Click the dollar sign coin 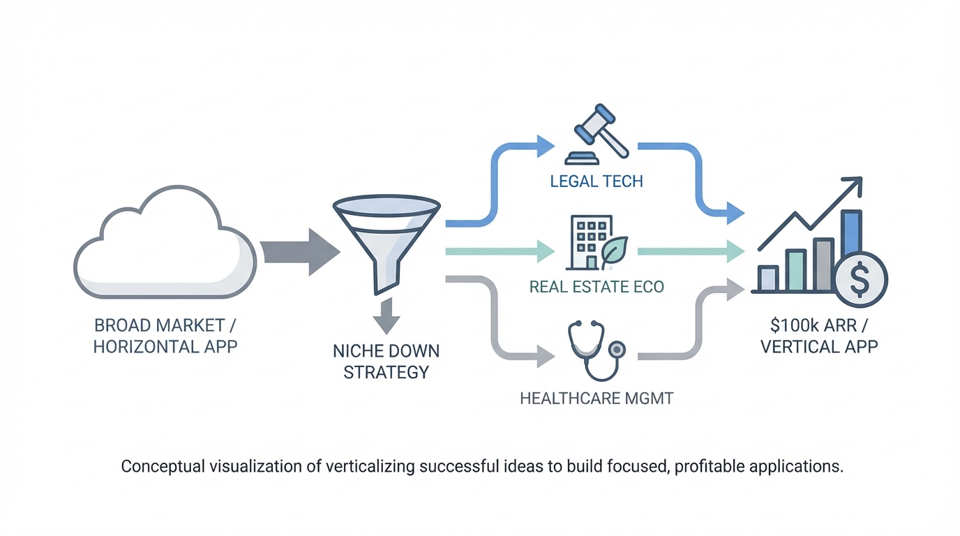(860, 279)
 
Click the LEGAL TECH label (597, 181)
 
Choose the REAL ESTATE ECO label (597, 287)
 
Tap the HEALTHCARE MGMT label (597, 399)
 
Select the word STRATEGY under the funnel (386, 372)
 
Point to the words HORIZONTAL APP (165, 346)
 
